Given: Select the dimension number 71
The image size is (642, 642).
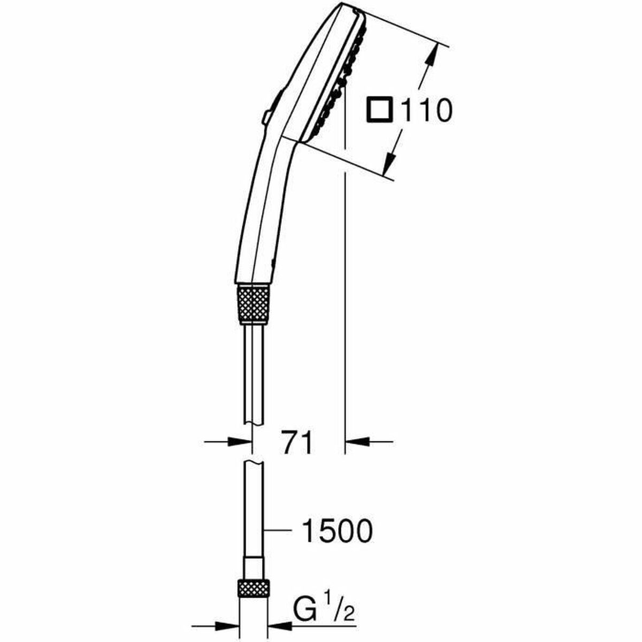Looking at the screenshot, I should click(x=297, y=442).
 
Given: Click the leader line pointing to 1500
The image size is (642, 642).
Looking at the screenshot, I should click(x=278, y=531).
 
